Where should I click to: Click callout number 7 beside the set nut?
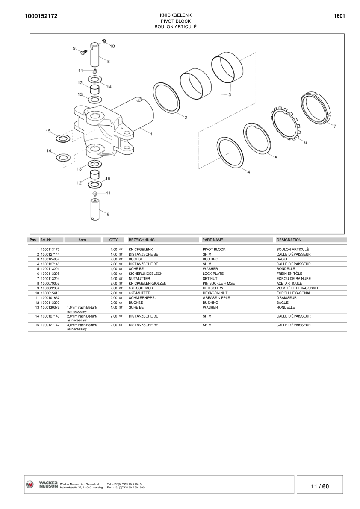pyautogui.click(x=335, y=126)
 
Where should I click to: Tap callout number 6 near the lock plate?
pyautogui.click(x=305, y=142)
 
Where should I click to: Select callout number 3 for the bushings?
pyautogui.click(x=230, y=94)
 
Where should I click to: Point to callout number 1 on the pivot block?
pyautogui.click(x=151, y=133)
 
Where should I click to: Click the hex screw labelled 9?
pyautogui.click(x=84, y=52)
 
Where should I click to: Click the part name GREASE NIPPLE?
pyautogui.click(x=216, y=298)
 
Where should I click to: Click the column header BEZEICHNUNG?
pyautogui.click(x=142, y=240)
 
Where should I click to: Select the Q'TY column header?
pyautogui.click(x=113, y=240)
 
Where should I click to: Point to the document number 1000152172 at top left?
pyautogui.click(x=41, y=16)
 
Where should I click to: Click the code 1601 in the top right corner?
pyautogui.click(x=339, y=16)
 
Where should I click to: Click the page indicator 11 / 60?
pyautogui.click(x=320, y=486)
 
